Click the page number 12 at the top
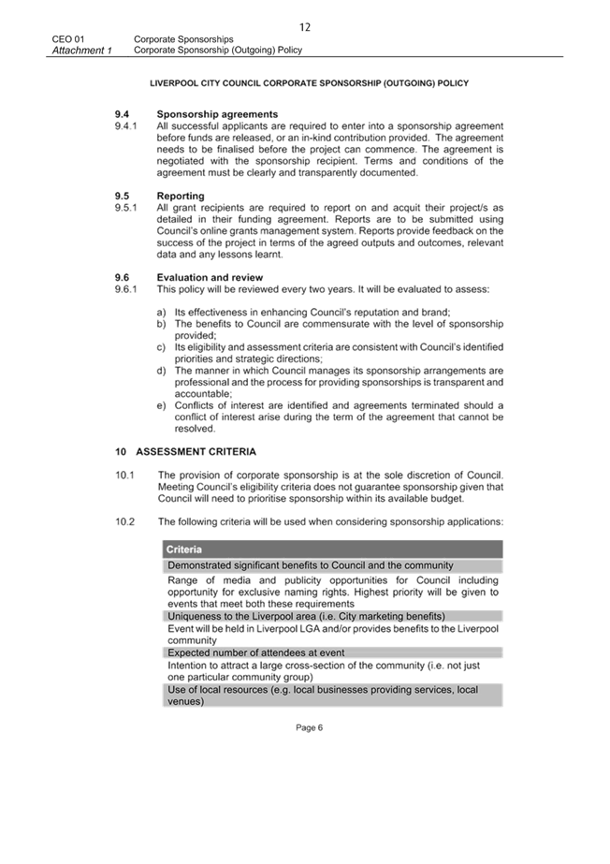pyautogui.click(x=305, y=27)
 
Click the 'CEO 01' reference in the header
pyautogui.click(x=68, y=39)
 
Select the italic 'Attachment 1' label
pyautogui.click(x=82, y=51)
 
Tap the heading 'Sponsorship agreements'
pyautogui.click(x=217, y=114)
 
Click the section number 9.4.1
pyautogui.click(x=126, y=125)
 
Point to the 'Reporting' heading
pyautogui.click(x=181, y=196)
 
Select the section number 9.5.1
pyautogui.click(x=126, y=208)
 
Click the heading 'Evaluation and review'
pyautogui.click(x=210, y=277)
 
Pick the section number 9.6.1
pyautogui.click(x=126, y=288)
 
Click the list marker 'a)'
pyautogui.click(x=161, y=312)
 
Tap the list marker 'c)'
pyautogui.click(x=161, y=347)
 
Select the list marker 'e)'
pyautogui.click(x=161, y=405)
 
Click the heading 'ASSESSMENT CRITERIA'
pyautogui.click(x=196, y=452)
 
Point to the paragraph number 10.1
pyautogui.click(x=125, y=475)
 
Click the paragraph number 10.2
pyautogui.click(x=125, y=521)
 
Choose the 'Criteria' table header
pyautogui.click(x=184, y=549)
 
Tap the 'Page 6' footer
pyautogui.click(x=310, y=728)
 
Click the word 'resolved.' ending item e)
pyautogui.click(x=195, y=429)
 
